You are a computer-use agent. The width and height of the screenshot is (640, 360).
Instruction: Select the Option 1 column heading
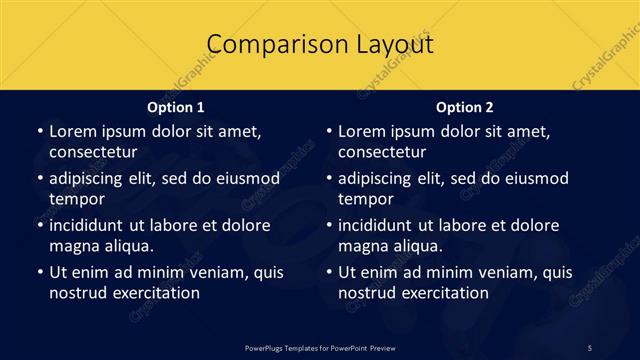(176, 106)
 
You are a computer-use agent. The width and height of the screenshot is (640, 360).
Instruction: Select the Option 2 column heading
(465, 106)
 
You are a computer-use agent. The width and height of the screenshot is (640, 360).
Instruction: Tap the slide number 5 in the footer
(589, 347)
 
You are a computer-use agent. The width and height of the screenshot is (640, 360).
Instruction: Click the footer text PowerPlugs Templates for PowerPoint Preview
(319, 347)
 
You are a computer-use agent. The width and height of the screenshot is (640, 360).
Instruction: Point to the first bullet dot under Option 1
(39, 131)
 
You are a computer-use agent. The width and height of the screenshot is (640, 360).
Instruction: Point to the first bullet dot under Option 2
(328, 131)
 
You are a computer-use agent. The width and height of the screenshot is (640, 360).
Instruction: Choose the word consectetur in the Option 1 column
(93, 152)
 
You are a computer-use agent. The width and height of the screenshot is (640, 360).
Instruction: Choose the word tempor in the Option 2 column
(366, 199)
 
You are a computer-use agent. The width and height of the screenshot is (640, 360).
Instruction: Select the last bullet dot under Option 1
(39, 272)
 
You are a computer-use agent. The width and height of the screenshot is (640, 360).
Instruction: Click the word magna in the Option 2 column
(361, 246)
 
